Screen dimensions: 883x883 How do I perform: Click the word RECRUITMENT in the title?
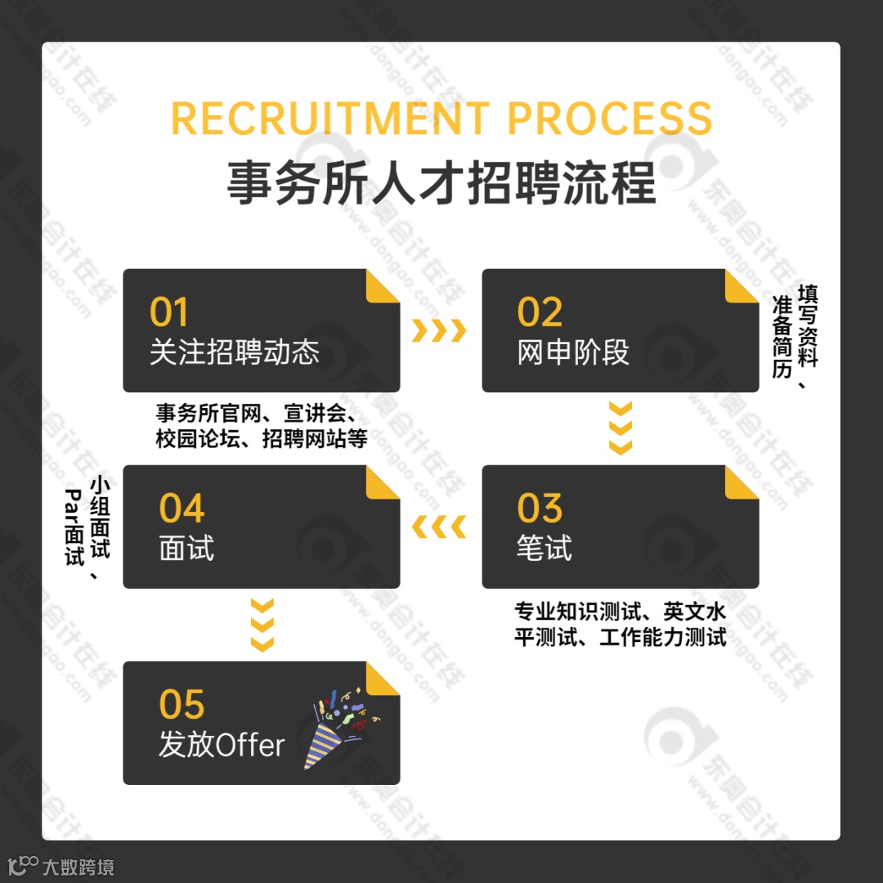coord(330,119)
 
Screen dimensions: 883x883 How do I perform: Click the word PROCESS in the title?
coord(609,119)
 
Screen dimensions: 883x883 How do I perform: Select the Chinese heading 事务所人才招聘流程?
coord(441,183)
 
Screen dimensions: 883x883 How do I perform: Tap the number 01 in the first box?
coord(168,312)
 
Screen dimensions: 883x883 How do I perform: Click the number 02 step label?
coord(540,312)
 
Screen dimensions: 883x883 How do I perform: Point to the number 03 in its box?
coord(540,509)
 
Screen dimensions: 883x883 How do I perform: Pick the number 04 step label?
coord(182,509)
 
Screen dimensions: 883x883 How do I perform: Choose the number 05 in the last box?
coord(182,705)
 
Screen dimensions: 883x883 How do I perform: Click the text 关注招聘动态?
coord(234,352)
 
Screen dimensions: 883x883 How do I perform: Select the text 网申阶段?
coord(573,352)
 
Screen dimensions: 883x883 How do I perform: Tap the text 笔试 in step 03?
coord(544,549)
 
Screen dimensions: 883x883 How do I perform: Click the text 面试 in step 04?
coord(186,549)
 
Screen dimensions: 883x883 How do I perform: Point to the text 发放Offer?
coord(222,745)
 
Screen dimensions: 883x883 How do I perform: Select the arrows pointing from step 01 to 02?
coord(438,331)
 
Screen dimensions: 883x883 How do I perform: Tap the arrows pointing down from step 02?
coord(621,428)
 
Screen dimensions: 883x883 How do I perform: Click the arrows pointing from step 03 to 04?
coord(438,527)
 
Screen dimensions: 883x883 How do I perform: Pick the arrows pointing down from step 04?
coord(262,625)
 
